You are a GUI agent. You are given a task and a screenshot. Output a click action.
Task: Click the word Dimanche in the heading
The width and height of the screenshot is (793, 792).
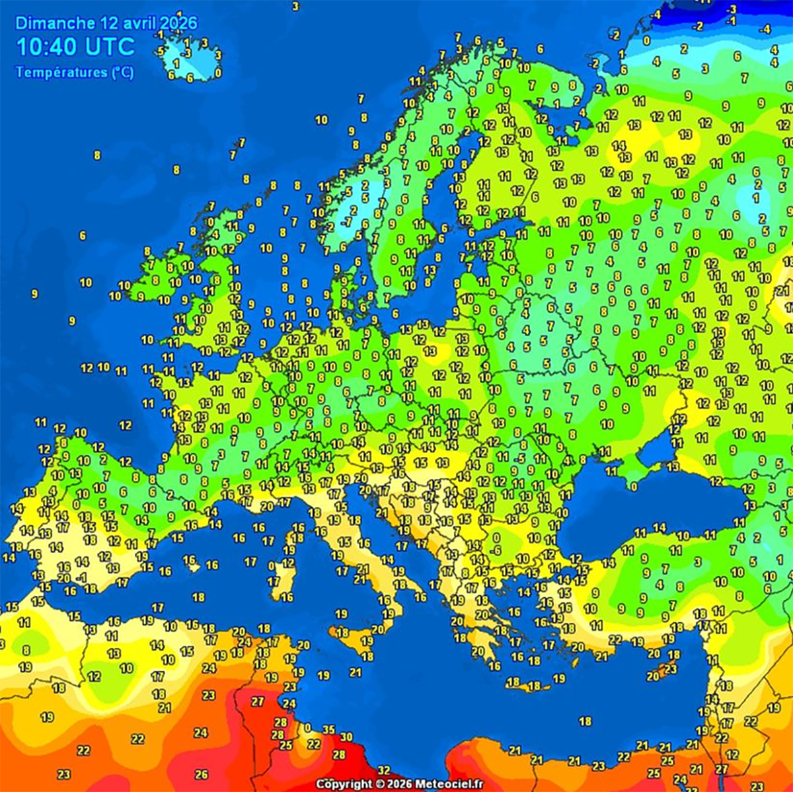coord(55,23)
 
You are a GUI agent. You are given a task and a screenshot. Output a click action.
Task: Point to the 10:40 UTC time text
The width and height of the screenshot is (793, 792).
coord(75,47)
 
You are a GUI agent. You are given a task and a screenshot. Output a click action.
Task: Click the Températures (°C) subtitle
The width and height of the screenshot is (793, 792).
coord(75,72)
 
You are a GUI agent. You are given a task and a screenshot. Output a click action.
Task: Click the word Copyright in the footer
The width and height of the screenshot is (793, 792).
coord(344,784)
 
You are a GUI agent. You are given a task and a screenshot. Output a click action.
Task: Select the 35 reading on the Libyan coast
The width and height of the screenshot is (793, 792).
coord(328,730)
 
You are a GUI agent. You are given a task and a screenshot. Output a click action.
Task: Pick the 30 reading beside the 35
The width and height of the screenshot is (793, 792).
coord(346,737)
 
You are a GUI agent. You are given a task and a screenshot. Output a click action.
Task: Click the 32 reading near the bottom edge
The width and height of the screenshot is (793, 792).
coord(383,770)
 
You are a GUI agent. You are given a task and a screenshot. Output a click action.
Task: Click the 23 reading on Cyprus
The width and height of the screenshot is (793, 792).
coord(671,669)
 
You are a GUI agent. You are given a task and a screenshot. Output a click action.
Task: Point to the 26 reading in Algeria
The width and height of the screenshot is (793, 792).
coord(202,774)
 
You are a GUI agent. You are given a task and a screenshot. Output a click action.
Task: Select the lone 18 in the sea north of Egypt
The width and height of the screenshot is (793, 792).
coord(585,722)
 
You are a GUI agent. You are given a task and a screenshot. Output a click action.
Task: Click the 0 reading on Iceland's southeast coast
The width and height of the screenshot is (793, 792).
coord(218,73)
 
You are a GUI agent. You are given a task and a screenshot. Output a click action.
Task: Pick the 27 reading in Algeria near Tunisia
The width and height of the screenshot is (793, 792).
coord(258,702)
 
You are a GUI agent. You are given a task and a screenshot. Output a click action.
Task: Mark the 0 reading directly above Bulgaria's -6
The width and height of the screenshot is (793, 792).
coord(496,538)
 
